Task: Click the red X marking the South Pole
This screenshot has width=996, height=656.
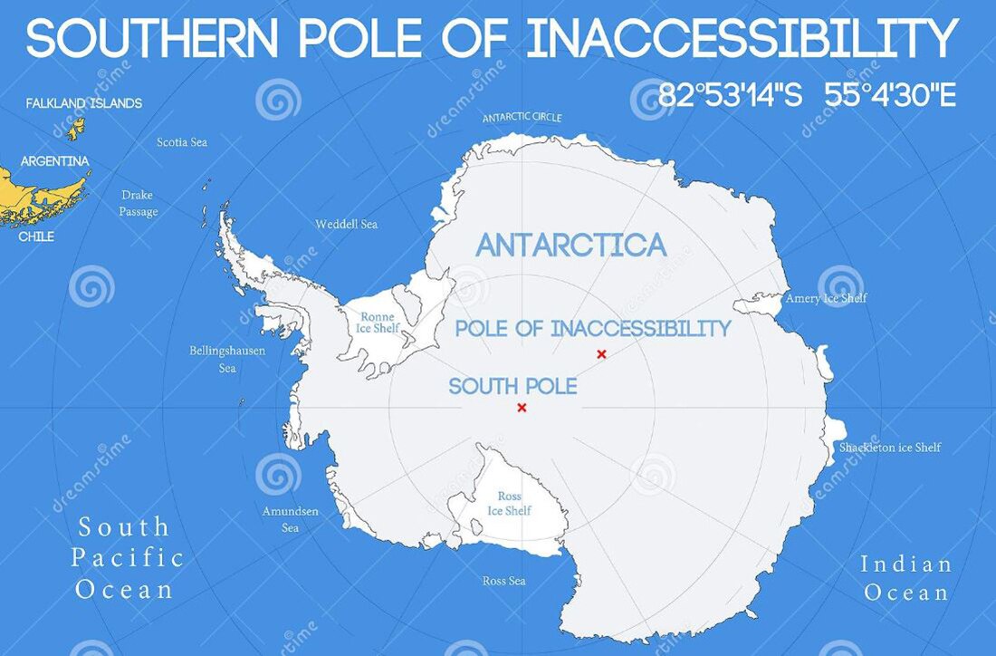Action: [522, 408]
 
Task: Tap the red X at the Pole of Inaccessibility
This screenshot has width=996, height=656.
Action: [601, 353]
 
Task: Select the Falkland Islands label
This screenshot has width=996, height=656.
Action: [84, 103]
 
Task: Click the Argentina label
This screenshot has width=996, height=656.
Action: [55, 161]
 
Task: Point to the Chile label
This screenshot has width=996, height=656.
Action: [36, 236]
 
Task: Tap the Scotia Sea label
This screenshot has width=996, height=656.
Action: [182, 142]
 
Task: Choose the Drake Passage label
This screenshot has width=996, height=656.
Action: [139, 203]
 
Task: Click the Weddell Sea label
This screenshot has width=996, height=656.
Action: [346, 224]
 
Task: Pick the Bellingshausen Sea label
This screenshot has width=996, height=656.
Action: [227, 359]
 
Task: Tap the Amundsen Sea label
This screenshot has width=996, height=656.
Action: [291, 519]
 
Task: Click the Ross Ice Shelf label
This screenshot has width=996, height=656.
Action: [509, 504]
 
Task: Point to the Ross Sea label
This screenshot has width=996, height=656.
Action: [504, 581]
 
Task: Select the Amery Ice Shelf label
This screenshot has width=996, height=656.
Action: [826, 298]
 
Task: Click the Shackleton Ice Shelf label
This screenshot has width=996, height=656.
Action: [890, 447]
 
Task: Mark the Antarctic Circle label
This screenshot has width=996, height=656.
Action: [522, 118]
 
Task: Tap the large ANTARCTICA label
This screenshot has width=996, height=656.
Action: [571, 246]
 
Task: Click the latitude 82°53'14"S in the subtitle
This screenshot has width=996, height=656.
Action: [730, 95]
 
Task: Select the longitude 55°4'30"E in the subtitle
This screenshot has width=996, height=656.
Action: [890, 95]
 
